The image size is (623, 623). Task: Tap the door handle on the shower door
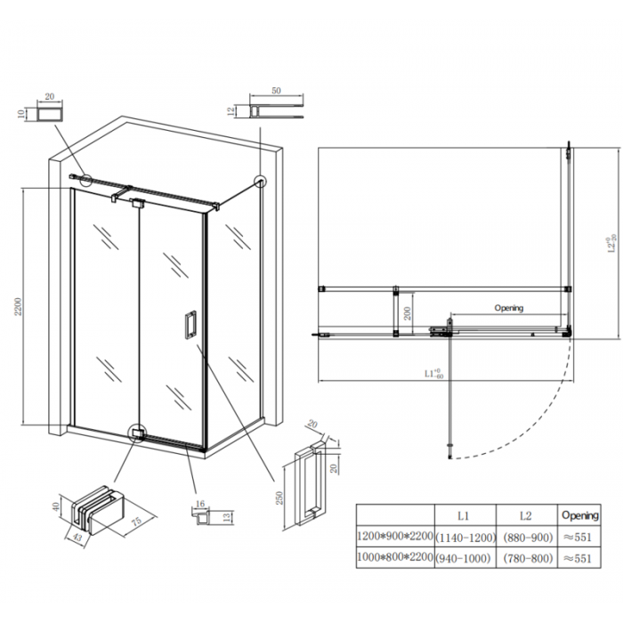click(190, 325)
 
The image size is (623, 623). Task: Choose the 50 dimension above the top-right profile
click(276, 92)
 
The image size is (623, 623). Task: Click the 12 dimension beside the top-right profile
click(231, 112)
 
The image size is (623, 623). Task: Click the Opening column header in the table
click(579, 515)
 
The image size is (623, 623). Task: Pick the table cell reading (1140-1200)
click(462, 537)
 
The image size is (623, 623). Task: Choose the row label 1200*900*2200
click(394, 537)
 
